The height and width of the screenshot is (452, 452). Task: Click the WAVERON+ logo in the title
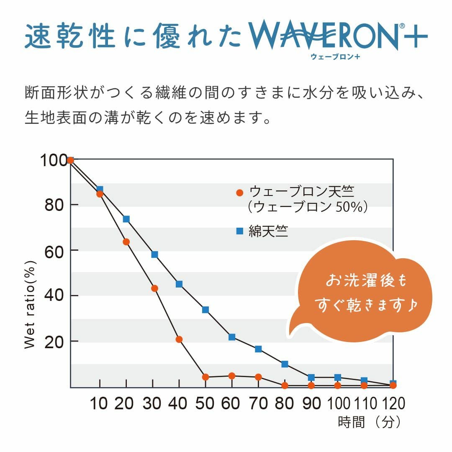coord(335,37)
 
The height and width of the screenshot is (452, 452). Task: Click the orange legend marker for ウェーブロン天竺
coord(239,193)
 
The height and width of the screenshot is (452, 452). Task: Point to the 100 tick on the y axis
coord(53,160)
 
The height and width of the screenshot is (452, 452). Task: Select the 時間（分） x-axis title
coord(370,422)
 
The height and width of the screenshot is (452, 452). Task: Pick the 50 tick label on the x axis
coord(205,403)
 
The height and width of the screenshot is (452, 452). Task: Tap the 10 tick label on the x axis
coord(99,403)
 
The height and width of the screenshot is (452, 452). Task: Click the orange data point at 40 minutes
coord(179,339)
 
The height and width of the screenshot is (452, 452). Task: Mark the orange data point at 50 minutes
coord(205,377)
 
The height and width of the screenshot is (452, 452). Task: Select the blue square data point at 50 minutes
coord(205,310)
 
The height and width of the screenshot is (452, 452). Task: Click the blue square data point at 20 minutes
coord(126,219)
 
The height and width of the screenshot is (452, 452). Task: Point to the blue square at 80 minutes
coord(285,364)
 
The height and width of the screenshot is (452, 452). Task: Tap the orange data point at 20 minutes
coord(126,242)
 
